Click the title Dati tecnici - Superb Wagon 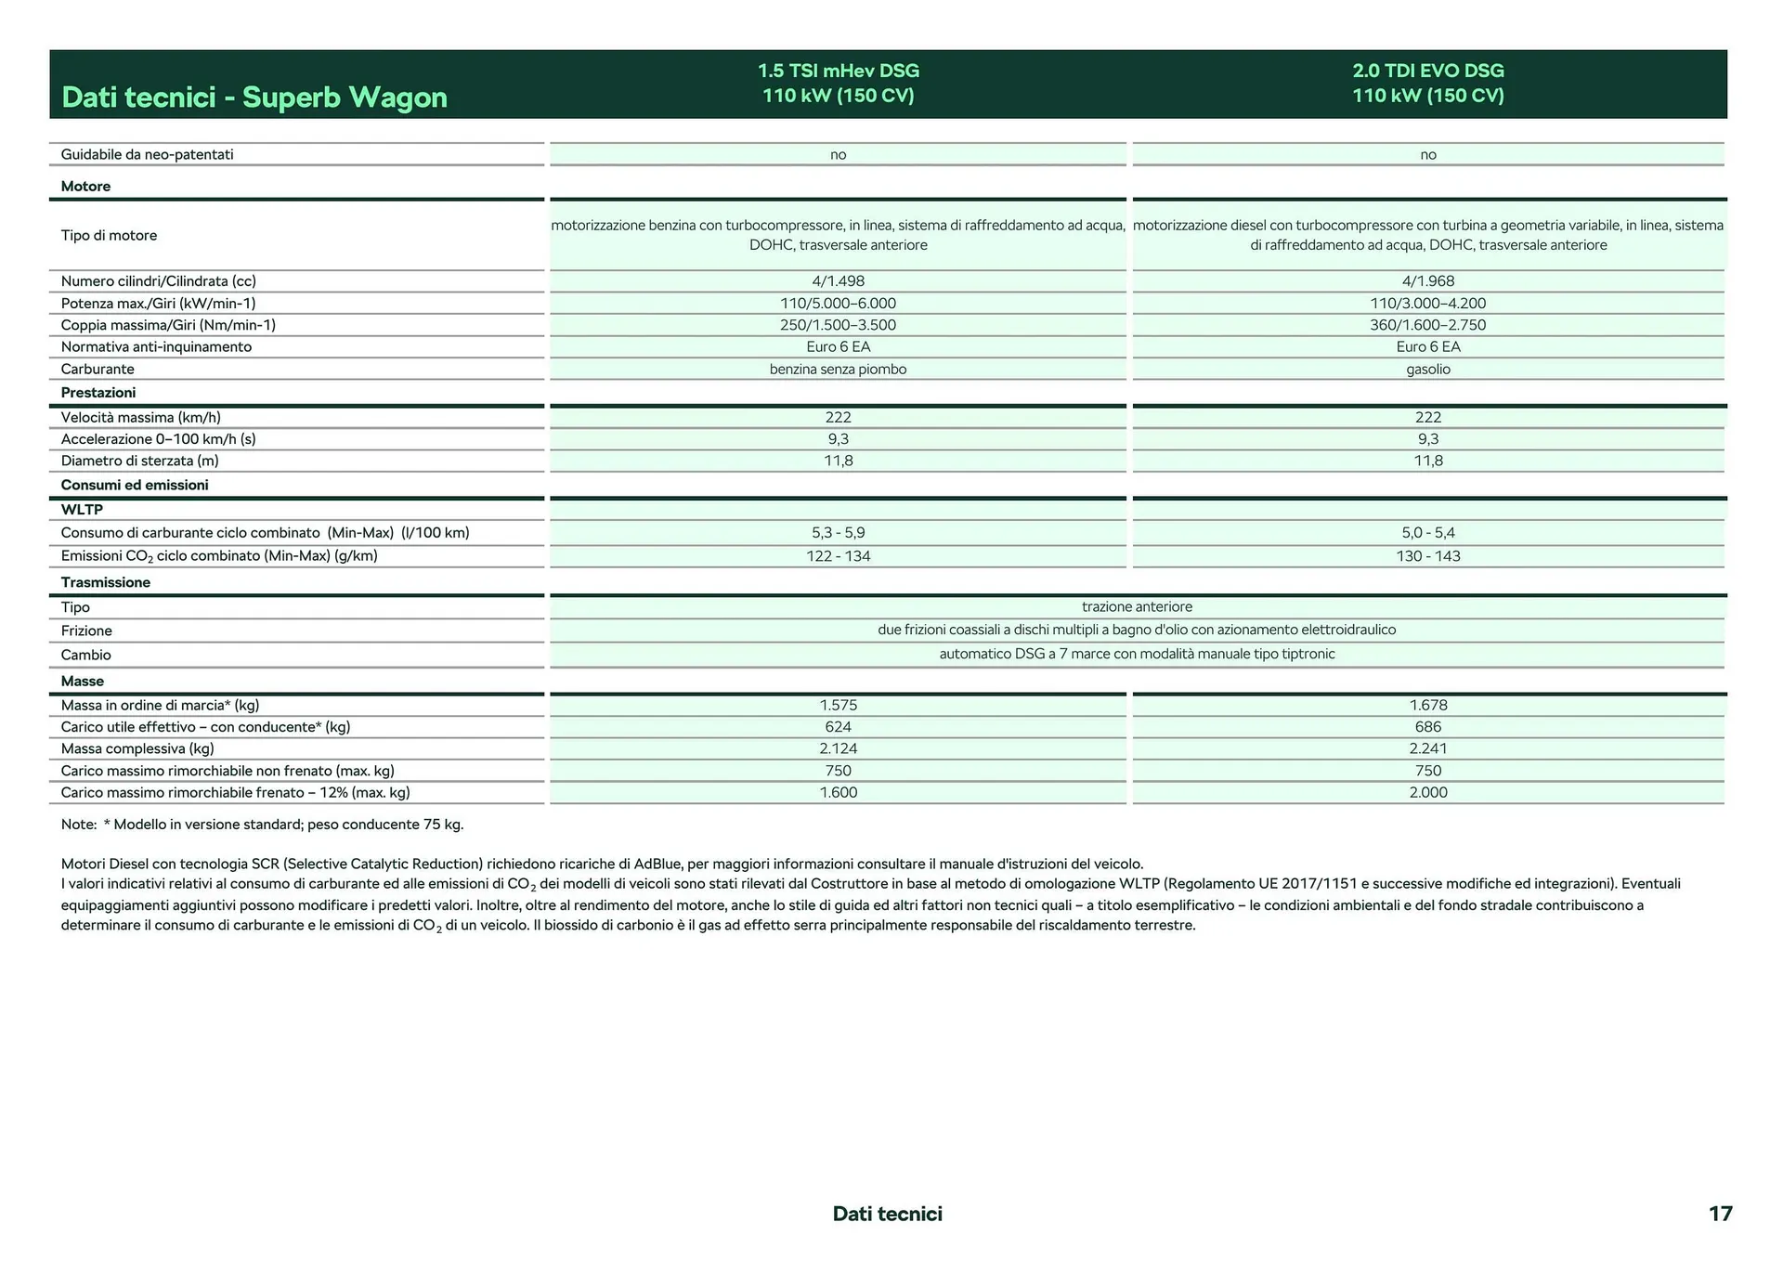[x=254, y=97]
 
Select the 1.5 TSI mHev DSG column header [x=838, y=83]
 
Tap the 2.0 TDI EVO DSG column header [x=1427, y=83]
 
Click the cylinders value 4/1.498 [x=838, y=281]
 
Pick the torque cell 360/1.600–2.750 [x=1427, y=325]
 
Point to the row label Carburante [x=98, y=370]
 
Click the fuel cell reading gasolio [x=1427, y=370]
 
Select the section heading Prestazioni [x=98, y=393]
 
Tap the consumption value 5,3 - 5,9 [x=838, y=533]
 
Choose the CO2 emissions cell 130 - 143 [x=1427, y=556]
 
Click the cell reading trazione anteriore [x=1137, y=607]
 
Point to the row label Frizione [x=86, y=631]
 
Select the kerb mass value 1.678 [x=1427, y=706]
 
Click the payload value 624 [x=838, y=727]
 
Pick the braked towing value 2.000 [x=1427, y=793]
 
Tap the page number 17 [x=1720, y=1214]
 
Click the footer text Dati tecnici [x=887, y=1214]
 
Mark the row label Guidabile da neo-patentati [x=147, y=155]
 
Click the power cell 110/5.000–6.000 [x=838, y=304]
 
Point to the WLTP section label [x=82, y=510]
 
